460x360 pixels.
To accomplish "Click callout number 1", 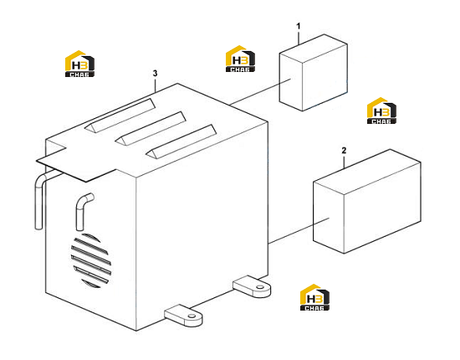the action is coord(299,27).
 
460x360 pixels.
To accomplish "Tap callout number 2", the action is coord(344,151).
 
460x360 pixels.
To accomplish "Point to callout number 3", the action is coord(156,74).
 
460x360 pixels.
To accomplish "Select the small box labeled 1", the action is coord(314,73).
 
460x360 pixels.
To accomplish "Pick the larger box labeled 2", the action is coord(367,202).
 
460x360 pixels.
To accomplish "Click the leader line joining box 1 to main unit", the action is coord(260,91).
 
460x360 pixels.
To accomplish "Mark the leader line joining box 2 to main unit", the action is coord(299,230).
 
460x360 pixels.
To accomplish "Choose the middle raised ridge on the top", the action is coord(151,128).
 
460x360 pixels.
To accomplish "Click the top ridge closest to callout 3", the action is coord(120,116).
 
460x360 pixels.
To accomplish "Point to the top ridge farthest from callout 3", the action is coord(181,141).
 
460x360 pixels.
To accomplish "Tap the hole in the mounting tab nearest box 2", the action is coord(259,287).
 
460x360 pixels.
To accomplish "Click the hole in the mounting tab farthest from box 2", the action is coord(192,316).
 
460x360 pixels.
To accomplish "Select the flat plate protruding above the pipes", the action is coord(76,163).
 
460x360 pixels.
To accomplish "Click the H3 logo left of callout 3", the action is coord(79,64).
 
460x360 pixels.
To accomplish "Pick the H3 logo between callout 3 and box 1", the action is coord(240,59).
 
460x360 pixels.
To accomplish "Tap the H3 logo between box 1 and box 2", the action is coord(381,111).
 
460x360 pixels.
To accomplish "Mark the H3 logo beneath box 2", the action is coord(314,297).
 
